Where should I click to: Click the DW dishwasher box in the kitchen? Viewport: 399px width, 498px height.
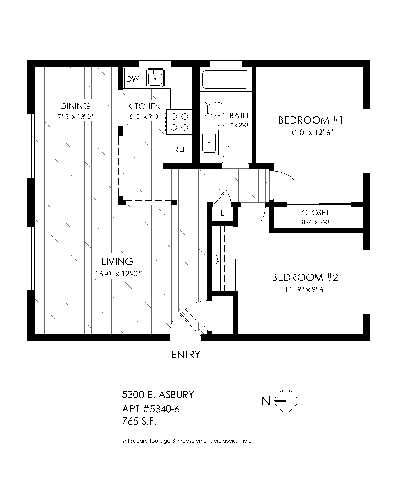132,78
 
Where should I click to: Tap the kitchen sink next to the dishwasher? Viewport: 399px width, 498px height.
155,78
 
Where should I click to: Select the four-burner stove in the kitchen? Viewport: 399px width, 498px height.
179,122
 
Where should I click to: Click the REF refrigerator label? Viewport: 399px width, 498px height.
180,149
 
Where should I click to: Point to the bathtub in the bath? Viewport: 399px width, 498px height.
226,79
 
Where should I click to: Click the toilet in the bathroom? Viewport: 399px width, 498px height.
213,109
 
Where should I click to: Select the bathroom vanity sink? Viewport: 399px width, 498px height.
209,143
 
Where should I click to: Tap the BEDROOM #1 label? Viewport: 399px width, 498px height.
311,120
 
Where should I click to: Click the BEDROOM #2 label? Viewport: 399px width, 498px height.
305,277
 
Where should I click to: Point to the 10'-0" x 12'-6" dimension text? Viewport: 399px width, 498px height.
310,133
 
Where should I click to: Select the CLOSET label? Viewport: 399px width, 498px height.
315,213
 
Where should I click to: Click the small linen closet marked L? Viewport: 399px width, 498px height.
222,214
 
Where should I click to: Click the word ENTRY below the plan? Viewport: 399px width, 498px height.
186,355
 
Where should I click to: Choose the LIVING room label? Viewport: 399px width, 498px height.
117,261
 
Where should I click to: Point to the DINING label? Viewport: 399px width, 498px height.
75,106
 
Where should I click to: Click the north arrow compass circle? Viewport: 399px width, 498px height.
286,401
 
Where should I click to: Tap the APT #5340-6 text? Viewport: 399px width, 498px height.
151,409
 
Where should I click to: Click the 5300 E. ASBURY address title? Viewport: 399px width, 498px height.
158,395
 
